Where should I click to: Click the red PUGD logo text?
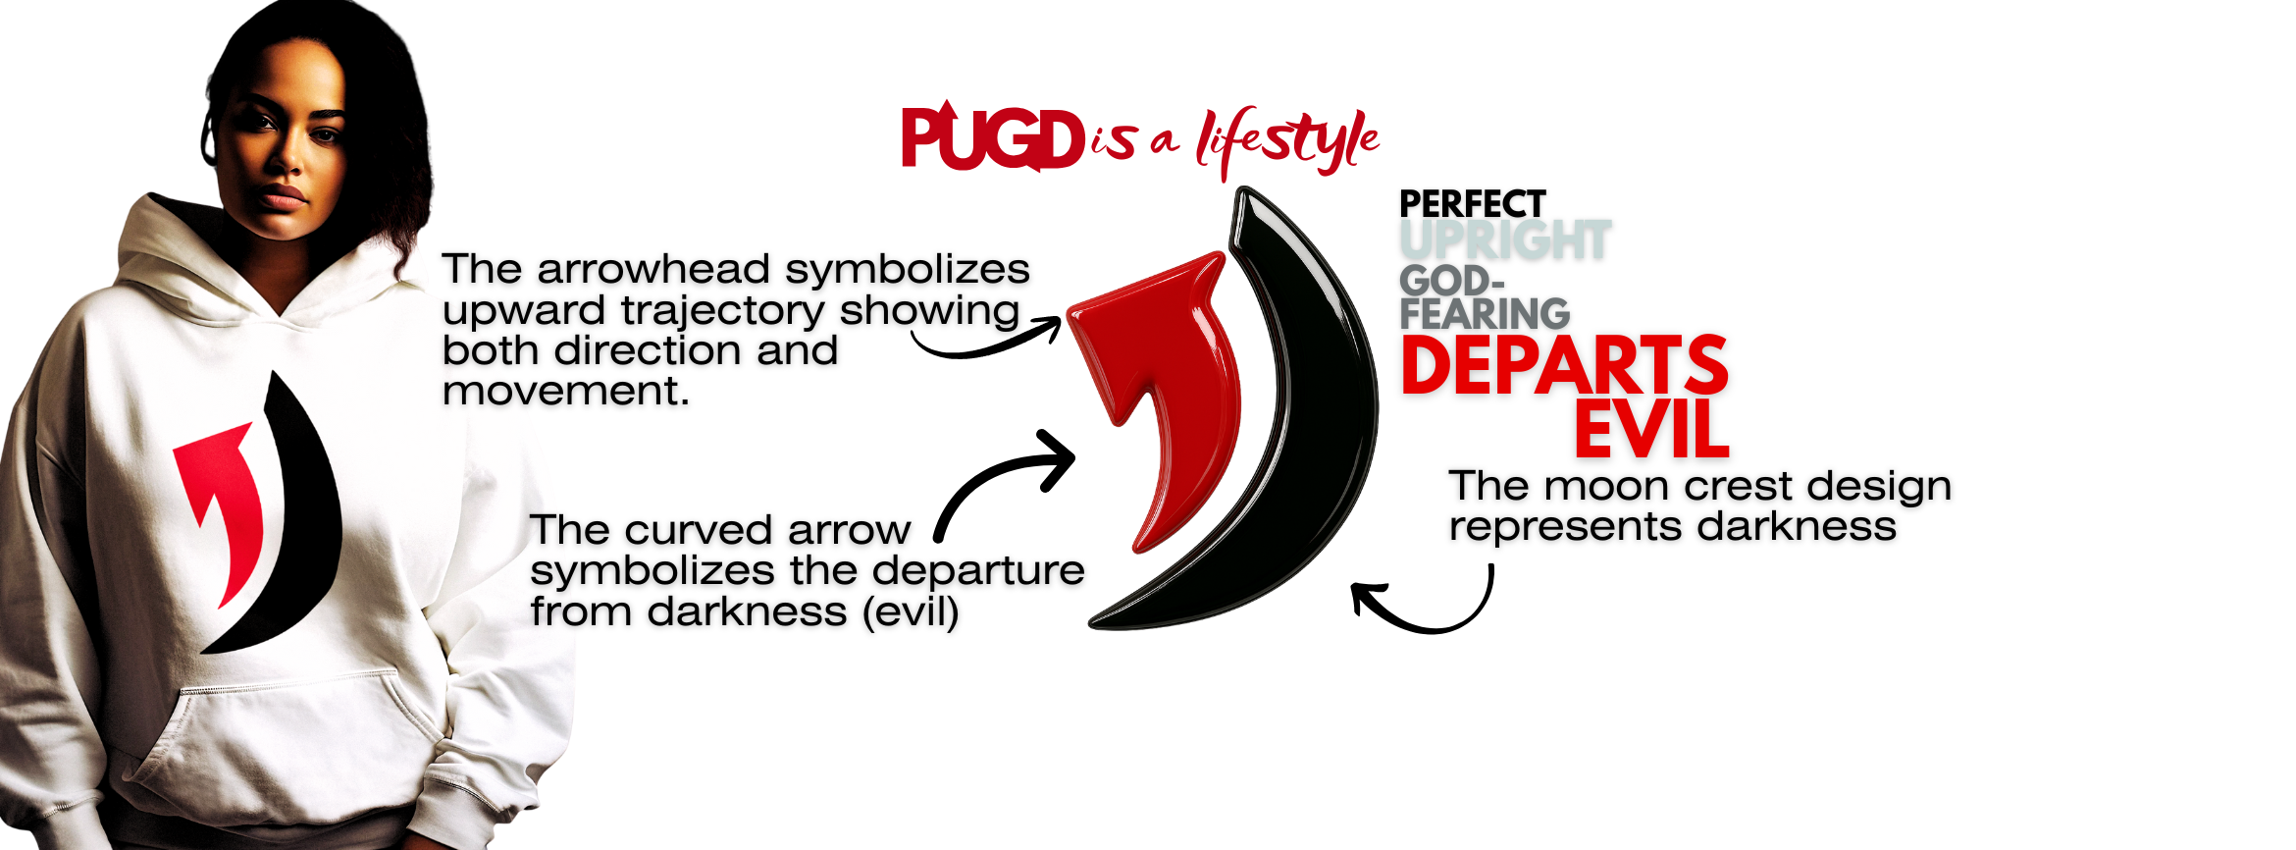[991, 139]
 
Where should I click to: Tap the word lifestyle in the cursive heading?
[1286, 143]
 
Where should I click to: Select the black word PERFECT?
[1472, 204]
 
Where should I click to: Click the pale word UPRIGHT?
[1504, 240]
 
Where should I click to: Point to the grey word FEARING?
[1485, 314]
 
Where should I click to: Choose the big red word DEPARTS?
[1564, 365]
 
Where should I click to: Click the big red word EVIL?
[1651, 429]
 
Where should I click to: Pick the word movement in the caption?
[565, 392]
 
